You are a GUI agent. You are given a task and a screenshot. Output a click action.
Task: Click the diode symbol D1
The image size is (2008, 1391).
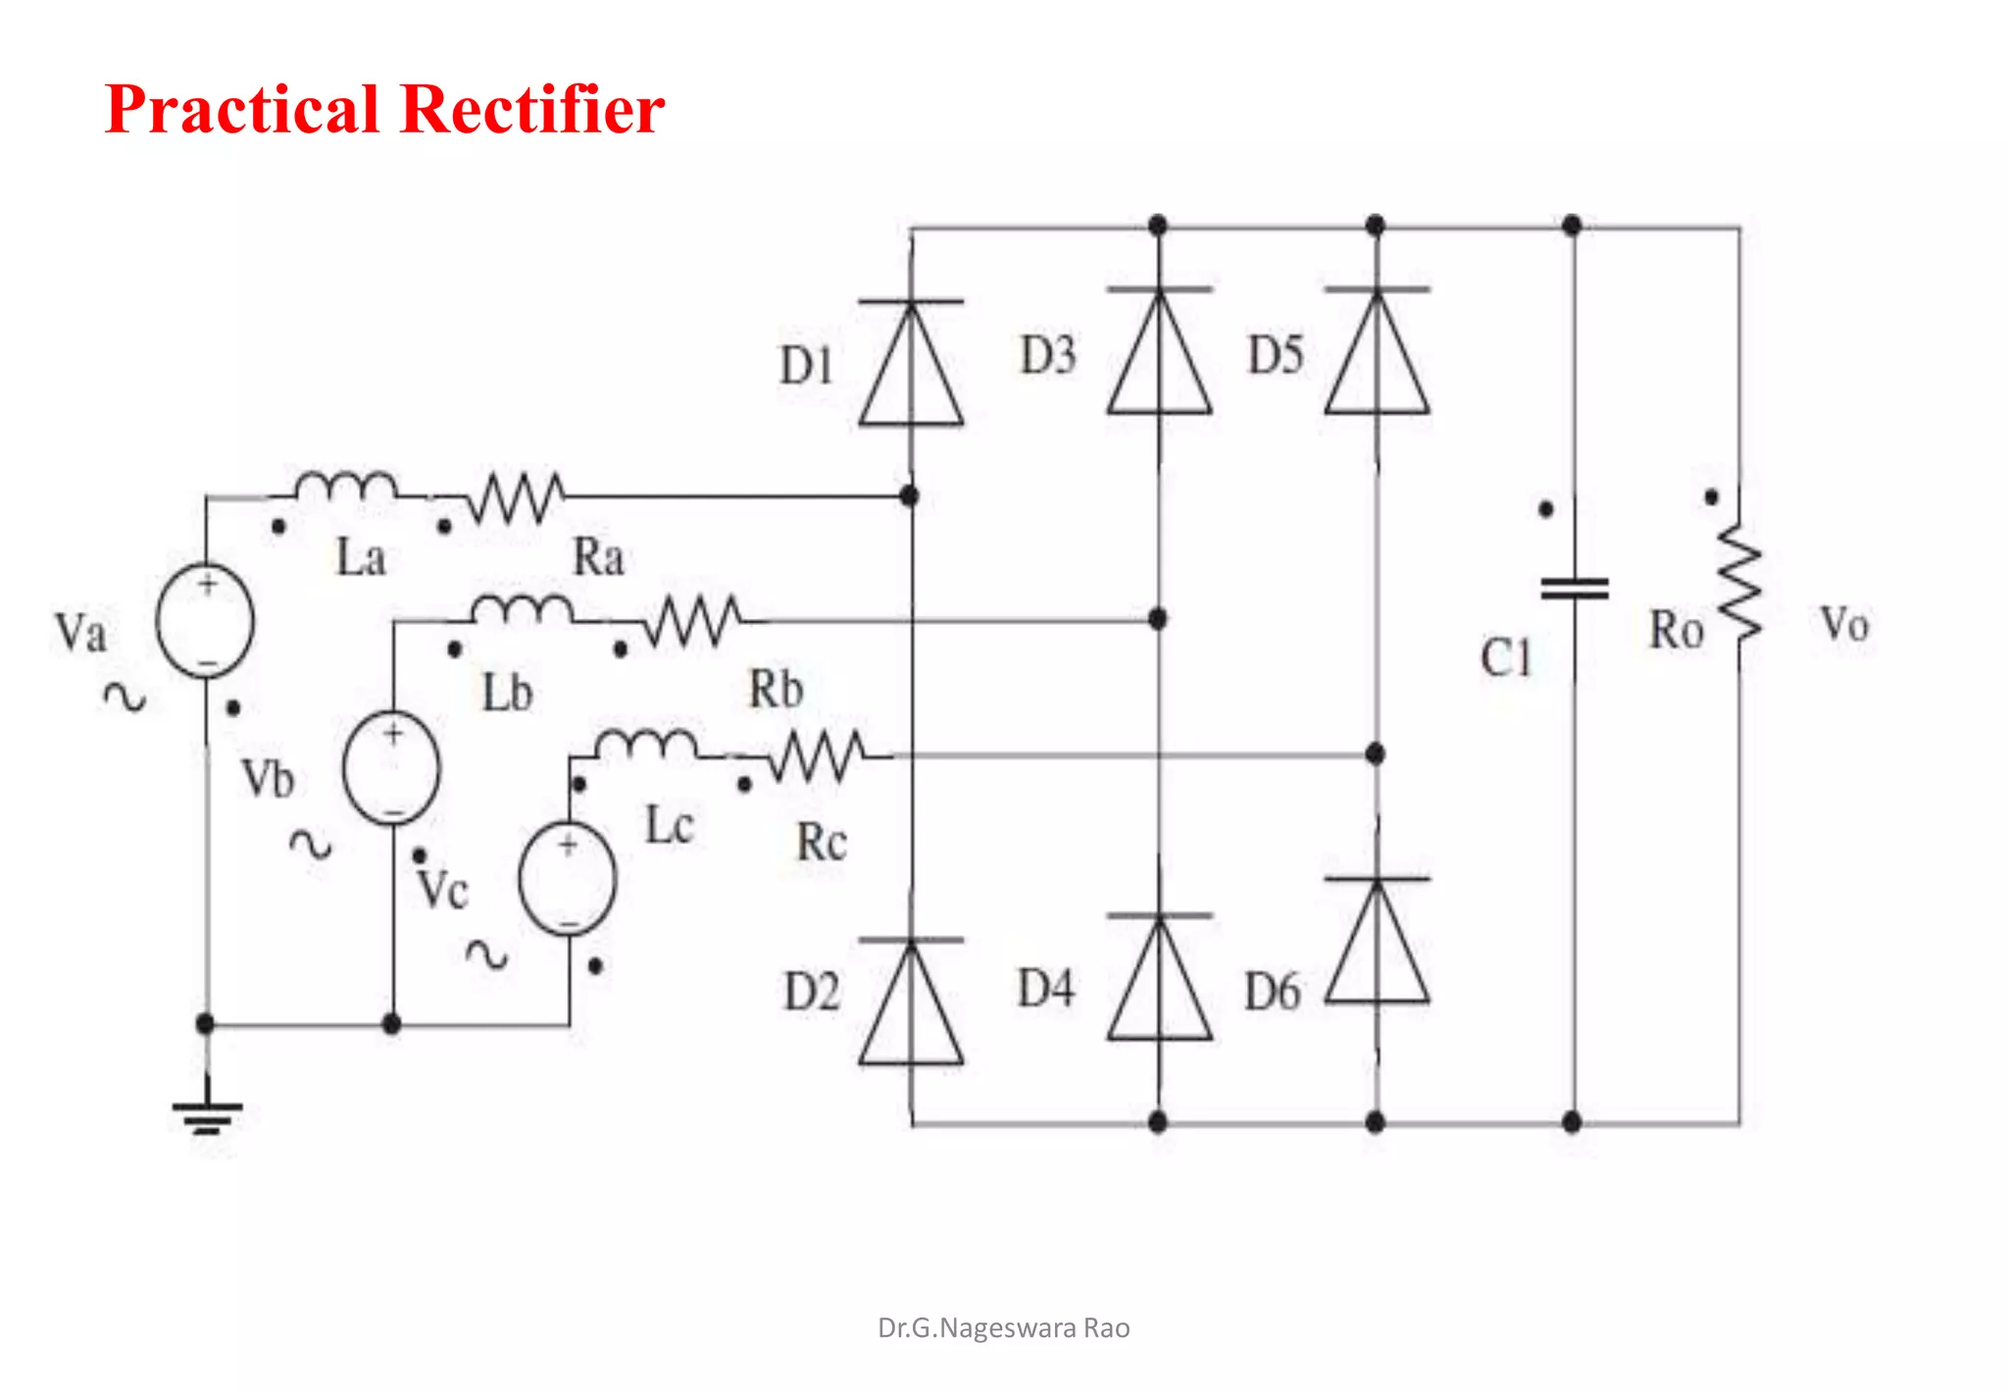pyautogui.click(x=911, y=363)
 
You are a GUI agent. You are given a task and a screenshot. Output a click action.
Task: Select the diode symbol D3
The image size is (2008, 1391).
pyautogui.click(x=1159, y=351)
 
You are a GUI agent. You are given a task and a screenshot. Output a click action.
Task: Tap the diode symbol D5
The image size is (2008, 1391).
pyautogui.click(x=1377, y=351)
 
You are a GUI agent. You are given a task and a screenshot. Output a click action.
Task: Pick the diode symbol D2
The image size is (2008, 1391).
pyautogui.click(x=911, y=1002)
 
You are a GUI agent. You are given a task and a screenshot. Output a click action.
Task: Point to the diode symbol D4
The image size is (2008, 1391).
pyautogui.click(x=1159, y=977)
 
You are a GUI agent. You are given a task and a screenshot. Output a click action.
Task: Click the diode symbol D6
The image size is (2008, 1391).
pyautogui.click(x=1377, y=940)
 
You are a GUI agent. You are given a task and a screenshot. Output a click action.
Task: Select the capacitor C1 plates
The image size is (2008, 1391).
pyautogui.click(x=1575, y=589)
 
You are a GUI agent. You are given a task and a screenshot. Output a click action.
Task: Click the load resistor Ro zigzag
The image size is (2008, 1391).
pyautogui.click(x=1739, y=583)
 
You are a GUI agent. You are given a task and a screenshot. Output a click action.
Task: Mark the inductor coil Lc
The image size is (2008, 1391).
pyautogui.click(x=647, y=746)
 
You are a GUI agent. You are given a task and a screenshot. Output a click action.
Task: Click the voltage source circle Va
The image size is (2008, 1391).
pyautogui.click(x=206, y=621)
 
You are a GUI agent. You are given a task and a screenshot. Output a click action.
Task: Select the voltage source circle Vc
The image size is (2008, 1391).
pyautogui.click(x=568, y=878)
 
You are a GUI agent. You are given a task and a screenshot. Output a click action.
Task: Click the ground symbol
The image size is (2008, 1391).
pyautogui.click(x=207, y=1114)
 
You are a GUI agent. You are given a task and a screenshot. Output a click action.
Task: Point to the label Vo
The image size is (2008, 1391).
pyautogui.click(x=1844, y=625)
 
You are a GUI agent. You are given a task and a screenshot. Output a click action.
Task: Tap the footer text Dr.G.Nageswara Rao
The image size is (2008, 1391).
pyautogui.click(x=1003, y=1328)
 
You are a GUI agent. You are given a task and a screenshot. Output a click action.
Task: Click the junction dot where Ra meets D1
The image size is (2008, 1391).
pyautogui.click(x=910, y=495)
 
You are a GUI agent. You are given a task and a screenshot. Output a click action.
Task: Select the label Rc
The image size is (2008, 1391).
pyautogui.click(x=821, y=843)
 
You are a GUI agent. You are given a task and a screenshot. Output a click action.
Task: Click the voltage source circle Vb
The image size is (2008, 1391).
pyautogui.click(x=391, y=768)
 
